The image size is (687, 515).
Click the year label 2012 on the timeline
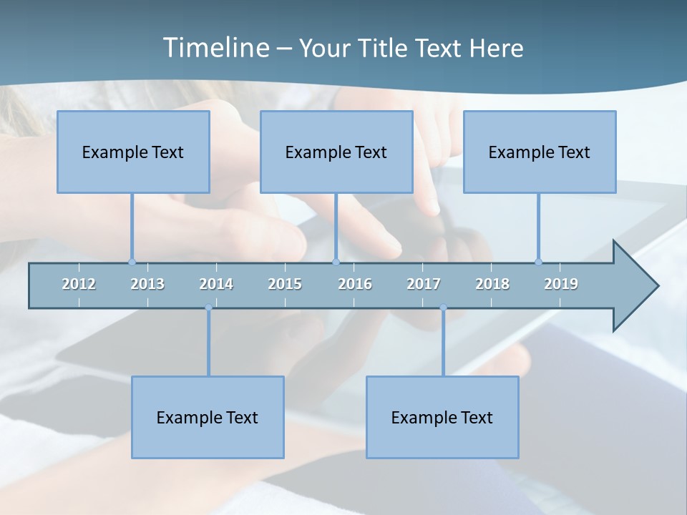click(79, 284)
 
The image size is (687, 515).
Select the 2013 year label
click(147, 284)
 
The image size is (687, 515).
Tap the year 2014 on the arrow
click(216, 284)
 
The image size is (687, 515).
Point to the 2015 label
click(285, 284)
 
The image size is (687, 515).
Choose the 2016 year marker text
click(355, 284)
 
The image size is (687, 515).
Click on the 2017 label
click(424, 284)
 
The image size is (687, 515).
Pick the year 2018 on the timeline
click(492, 284)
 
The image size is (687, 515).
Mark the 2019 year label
click(561, 284)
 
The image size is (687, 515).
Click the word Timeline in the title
click(215, 48)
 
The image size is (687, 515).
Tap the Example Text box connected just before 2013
click(133, 152)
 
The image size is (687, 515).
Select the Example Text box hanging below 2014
click(208, 417)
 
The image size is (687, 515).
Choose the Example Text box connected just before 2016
click(336, 152)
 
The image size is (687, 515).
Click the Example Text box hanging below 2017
click(442, 417)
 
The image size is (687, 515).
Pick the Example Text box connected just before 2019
click(540, 152)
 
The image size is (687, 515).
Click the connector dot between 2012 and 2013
click(132, 262)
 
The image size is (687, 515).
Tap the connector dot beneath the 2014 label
click(208, 308)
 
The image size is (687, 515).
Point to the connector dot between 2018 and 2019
click(539, 262)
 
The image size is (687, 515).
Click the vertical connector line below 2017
click(443, 343)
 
